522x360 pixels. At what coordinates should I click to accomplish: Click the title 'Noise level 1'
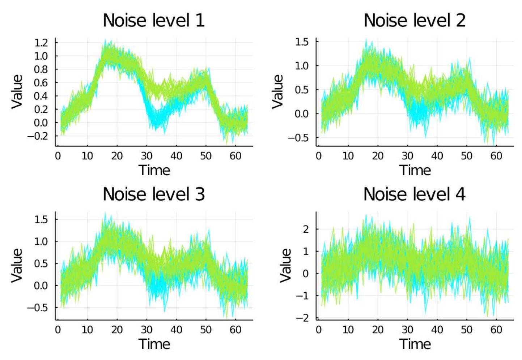(154, 20)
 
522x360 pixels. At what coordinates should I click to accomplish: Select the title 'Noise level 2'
(414, 20)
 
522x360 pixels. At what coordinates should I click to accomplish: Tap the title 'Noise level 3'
(154, 194)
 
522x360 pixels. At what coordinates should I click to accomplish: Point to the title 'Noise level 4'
(414, 194)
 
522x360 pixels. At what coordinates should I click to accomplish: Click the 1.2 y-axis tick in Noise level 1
(41, 43)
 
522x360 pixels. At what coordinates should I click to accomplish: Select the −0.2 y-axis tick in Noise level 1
(38, 136)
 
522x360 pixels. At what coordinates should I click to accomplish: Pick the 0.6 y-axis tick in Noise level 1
(41, 83)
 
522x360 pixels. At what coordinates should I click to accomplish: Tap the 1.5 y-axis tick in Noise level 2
(302, 42)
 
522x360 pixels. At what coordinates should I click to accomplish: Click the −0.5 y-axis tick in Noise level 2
(298, 138)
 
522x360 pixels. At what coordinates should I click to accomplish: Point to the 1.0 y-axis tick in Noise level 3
(41, 241)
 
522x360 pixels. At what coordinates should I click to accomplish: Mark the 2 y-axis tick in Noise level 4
(306, 229)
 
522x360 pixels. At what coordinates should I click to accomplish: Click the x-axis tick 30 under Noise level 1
(147, 156)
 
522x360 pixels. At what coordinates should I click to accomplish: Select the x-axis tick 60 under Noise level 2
(496, 156)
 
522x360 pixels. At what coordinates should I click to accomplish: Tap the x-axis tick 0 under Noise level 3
(58, 330)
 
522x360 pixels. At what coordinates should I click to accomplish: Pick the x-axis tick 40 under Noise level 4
(437, 330)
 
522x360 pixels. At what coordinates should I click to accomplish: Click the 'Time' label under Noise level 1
(154, 170)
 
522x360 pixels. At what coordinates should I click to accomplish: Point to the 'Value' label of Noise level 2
(278, 91)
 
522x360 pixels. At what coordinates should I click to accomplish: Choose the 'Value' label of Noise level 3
(17, 265)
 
